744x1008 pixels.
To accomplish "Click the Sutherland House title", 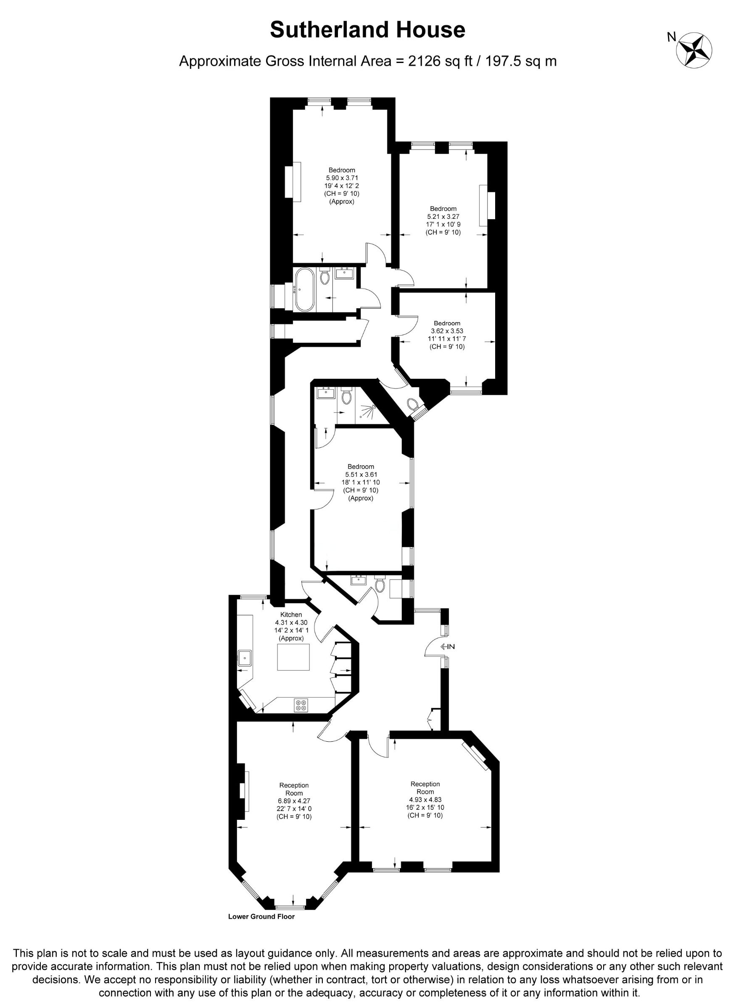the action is point(367,30).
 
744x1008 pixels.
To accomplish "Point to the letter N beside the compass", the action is point(672,37).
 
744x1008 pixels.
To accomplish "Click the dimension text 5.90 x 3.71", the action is point(342,178).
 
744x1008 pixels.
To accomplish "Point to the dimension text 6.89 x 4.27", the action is point(294,801).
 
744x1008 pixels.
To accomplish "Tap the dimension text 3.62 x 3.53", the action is point(447,331).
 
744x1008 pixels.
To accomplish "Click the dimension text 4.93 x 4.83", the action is point(425,800).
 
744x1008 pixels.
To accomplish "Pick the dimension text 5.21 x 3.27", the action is point(443,216).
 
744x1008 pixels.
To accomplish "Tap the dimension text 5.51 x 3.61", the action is point(361,474).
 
